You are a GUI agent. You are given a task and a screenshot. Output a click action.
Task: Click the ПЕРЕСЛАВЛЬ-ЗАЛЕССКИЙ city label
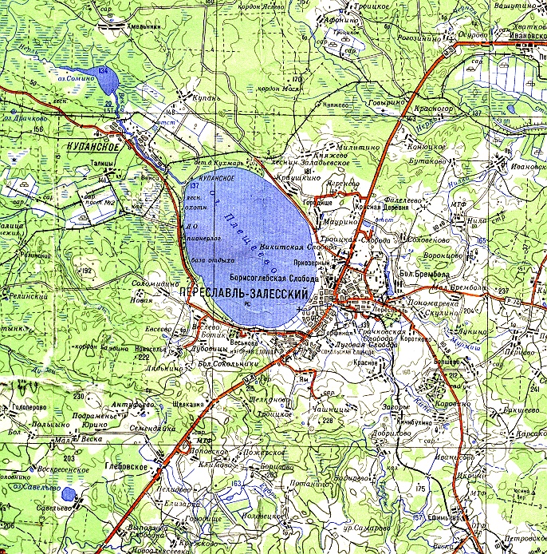click(245, 293)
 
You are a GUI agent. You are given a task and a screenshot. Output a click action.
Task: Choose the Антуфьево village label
click(132, 406)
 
